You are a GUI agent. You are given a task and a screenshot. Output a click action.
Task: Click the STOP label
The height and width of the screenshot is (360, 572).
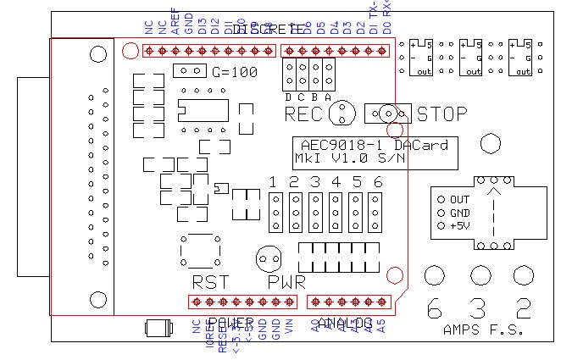[x=441, y=114]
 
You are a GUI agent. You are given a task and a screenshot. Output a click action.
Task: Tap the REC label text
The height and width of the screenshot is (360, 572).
[x=303, y=114]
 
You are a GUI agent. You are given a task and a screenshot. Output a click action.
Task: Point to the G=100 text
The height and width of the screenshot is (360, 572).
[x=235, y=73]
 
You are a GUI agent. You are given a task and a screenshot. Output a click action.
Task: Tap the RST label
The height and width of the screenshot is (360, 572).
[x=209, y=282]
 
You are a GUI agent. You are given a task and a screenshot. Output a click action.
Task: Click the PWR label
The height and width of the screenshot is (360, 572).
[x=286, y=282]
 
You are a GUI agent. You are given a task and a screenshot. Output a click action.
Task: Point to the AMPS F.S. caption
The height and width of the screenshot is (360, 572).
[x=478, y=329]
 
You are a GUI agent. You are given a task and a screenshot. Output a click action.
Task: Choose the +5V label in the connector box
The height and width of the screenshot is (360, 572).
[x=460, y=226]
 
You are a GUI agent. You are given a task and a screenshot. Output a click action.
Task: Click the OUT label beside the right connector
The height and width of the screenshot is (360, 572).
[x=459, y=199]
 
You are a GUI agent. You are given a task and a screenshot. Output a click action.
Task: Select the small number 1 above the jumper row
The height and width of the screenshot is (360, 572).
[x=273, y=182]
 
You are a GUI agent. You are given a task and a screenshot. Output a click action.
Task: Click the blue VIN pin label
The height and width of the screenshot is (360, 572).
[x=288, y=329]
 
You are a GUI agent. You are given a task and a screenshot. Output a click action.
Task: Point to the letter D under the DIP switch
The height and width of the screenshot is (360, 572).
[x=289, y=97]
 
